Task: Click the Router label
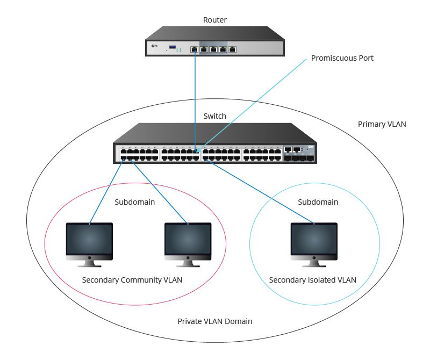click(x=215, y=20)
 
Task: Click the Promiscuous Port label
click(x=342, y=57)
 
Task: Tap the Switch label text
click(x=215, y=116)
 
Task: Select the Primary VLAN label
click(x=382, y=124)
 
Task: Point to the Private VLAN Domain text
click(x=215, y=321)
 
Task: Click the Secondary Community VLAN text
click(x=132, y=279)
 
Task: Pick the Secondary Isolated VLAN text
click(x=312, y=279)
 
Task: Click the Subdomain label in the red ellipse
click(x=135, y=203)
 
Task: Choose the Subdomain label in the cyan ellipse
click(x=318, y=203)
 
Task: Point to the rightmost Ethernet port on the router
click(x=232, y=49)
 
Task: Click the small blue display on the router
click(x=173, y=48)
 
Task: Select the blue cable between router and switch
click(x=195, y=97)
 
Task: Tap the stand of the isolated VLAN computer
click(x=314, y=262)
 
